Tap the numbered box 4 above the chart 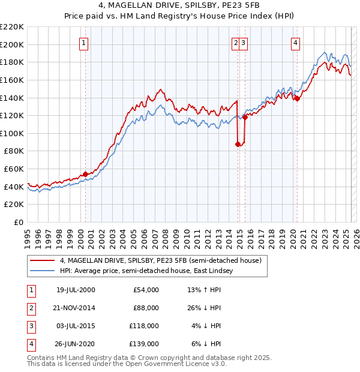(x=296, y=43)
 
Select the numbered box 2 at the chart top (x=236, y=43)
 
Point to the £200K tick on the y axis (x=12, y=44)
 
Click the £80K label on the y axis (x=14, y=151)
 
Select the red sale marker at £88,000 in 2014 (x=238, y=144)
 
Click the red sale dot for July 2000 (x=85, y=174)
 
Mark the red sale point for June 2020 (x=297, y=99)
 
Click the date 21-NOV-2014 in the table (x=75, y=308)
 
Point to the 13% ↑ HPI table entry (x=205, y=290)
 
